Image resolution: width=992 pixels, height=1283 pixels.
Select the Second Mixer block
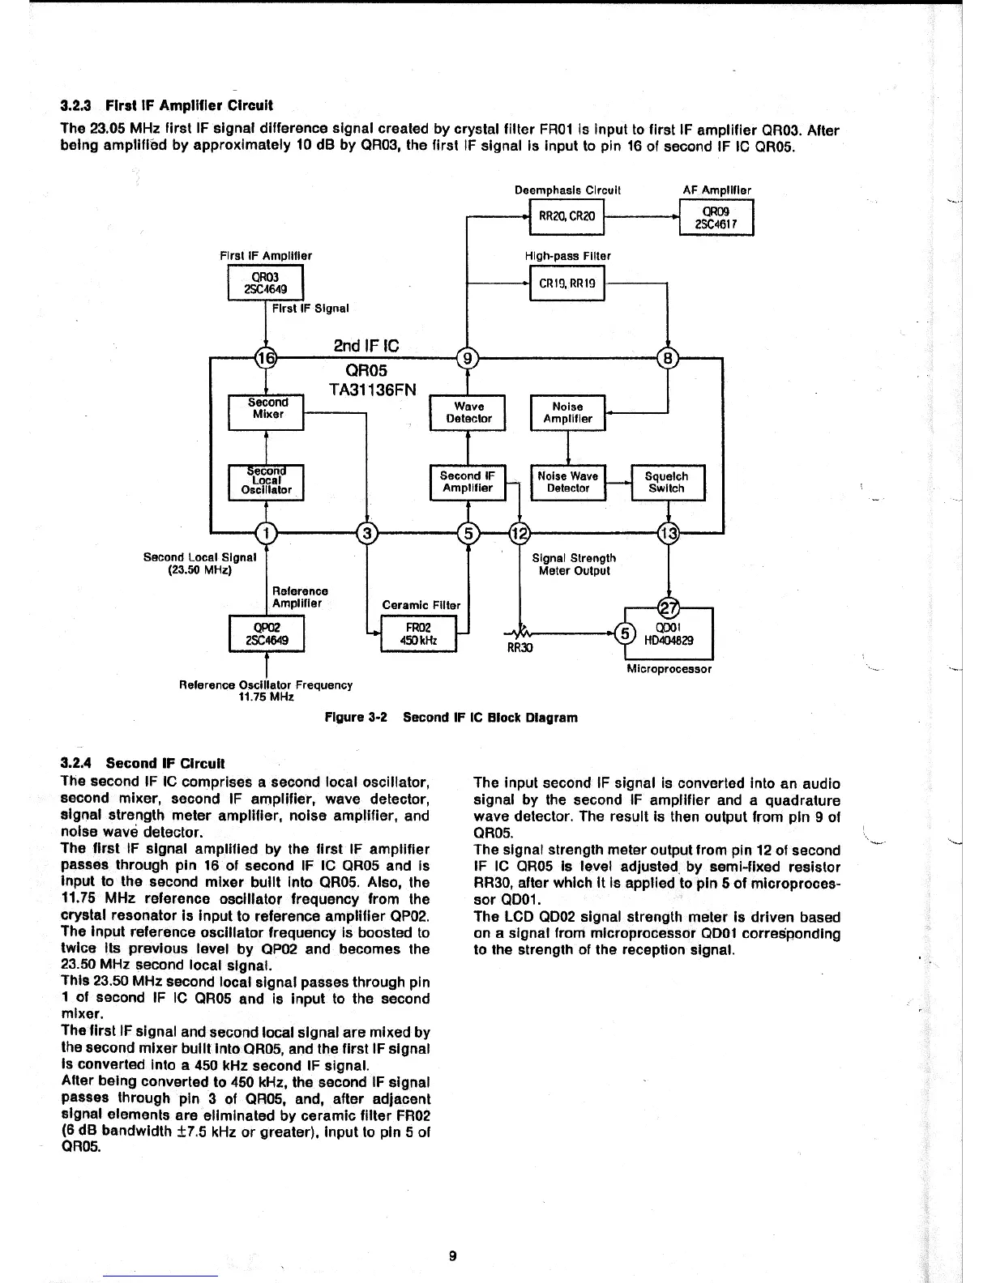(267, 413)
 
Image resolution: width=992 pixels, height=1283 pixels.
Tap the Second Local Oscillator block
(267, 484)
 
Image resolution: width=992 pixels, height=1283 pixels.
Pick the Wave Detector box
(469, 413)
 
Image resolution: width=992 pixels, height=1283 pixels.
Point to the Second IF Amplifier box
(468, 483)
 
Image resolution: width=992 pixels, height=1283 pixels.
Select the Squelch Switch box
(667, 483)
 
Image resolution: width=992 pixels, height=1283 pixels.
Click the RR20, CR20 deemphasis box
(567, 217)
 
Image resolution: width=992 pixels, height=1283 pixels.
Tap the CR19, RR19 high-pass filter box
(567, 283)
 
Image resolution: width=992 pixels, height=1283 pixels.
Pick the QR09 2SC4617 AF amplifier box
(716, 217)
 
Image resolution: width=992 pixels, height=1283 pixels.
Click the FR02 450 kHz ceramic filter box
(419, 633)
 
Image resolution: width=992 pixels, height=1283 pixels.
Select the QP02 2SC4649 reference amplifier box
(267, 633)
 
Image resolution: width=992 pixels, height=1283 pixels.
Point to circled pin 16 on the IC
(266, 357)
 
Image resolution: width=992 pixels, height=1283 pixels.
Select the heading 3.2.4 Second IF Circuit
(143, 763)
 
